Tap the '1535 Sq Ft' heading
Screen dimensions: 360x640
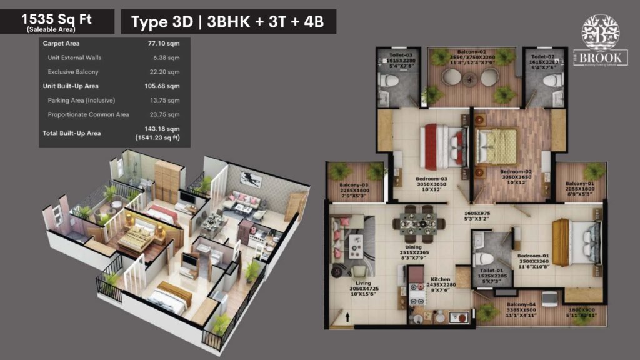tap(57, 19)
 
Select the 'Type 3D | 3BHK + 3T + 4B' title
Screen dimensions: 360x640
tap(228, 22)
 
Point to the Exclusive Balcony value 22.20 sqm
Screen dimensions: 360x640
tap(166, 72)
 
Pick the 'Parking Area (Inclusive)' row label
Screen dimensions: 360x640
tap(81, 100)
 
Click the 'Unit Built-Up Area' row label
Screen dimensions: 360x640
tap(71, 86)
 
